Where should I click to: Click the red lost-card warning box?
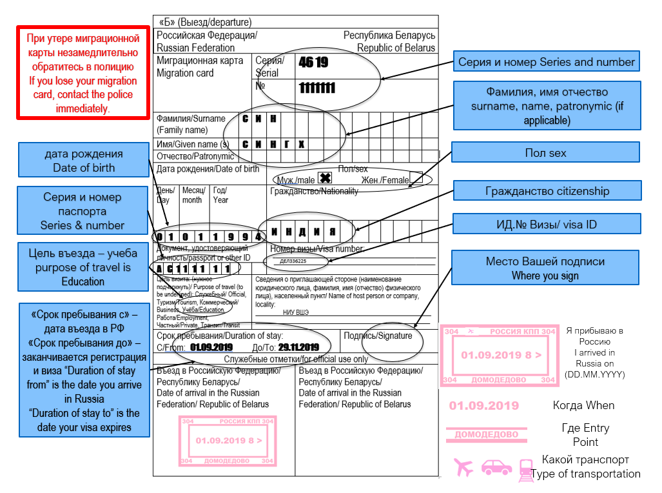pos(82,72)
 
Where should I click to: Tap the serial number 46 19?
pos(314,63)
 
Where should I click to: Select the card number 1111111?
pos(317,88)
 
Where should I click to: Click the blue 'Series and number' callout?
pos(547,63)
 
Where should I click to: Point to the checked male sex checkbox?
pos(325,178)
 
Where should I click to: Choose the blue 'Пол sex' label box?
pos(545,153)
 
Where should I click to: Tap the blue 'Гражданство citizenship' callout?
pos(547,191)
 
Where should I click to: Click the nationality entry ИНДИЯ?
pos(304,232)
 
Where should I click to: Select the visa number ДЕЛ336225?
pos(293,261)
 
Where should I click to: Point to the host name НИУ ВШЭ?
pos(296,312)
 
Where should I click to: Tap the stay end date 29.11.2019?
pos(298,348)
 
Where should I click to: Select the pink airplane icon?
pos(463,467)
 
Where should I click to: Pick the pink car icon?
pos(496,467)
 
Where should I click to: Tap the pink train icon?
pos(526,470)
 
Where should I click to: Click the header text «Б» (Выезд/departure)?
pos(205,23)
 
